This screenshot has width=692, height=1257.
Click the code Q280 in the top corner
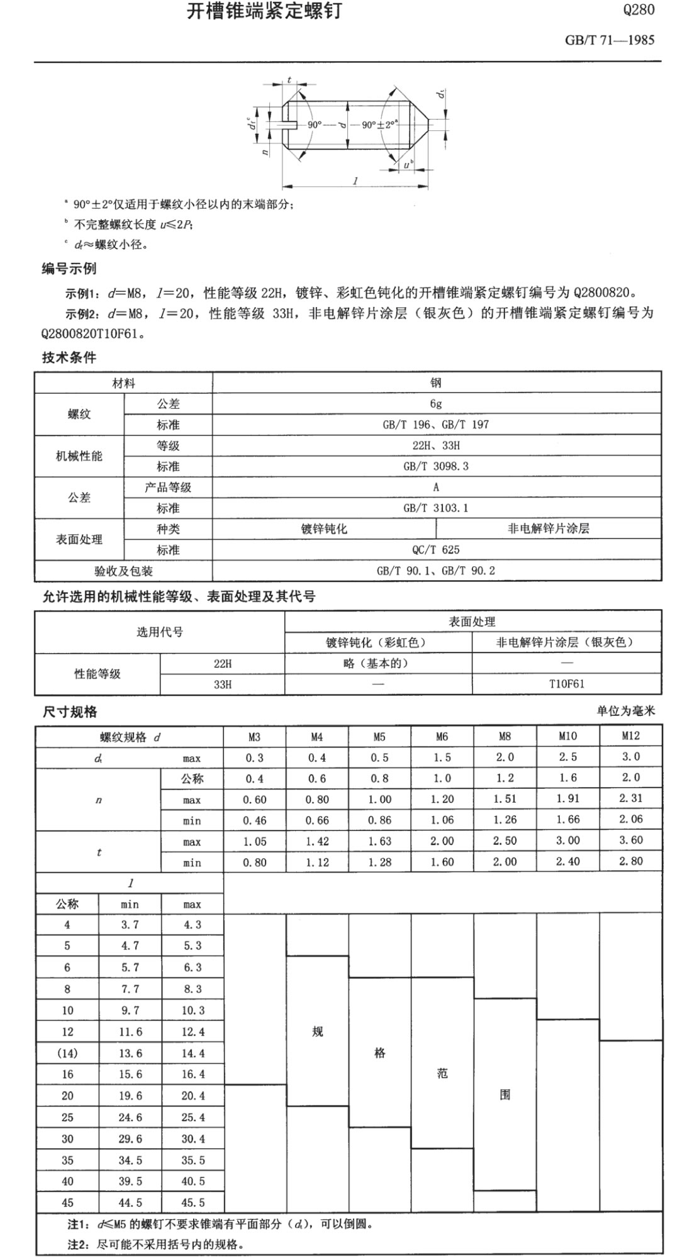(638, 10)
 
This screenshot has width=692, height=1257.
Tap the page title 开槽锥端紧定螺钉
(264, 11)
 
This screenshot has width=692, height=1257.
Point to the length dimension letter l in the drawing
(355, 181)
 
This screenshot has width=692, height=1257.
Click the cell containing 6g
(436, 404)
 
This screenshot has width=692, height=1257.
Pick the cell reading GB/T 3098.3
(436, 466)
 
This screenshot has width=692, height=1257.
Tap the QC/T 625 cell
(436, 549)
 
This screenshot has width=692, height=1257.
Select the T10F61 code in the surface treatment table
(566, 684)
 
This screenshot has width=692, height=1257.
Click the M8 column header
(505, 736)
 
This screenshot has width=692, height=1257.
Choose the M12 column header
(630, 735)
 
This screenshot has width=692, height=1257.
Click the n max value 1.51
(505, 799)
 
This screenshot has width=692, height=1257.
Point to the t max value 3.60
(630, 841)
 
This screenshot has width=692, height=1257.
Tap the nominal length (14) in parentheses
(67, 1053)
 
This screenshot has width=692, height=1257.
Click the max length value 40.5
(193, 1182)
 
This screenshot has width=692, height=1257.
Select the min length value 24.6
(130, 1117)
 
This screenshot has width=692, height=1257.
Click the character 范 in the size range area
(442, 1073)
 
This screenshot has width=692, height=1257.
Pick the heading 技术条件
(69, 357)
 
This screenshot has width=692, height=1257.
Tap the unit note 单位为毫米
(625, 711)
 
